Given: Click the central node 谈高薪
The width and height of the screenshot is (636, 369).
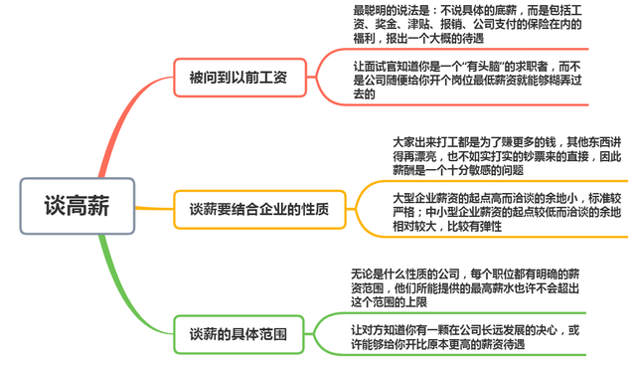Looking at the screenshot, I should point(77,206).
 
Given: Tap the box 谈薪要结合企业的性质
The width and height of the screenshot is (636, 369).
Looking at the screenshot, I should point(258,209).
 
